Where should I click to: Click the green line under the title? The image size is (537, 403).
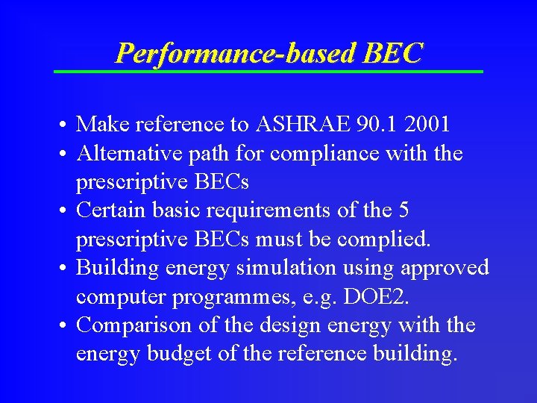click(268, 71)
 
